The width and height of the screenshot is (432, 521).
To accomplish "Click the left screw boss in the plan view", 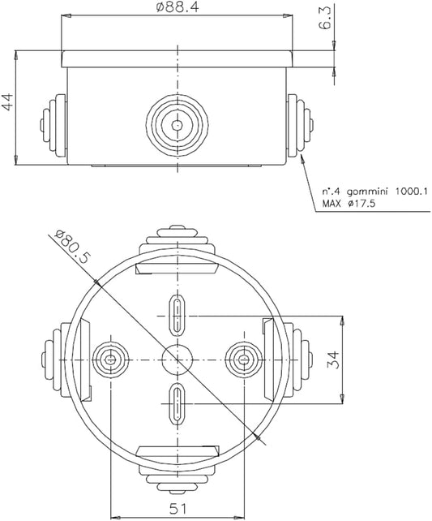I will [110, 358].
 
